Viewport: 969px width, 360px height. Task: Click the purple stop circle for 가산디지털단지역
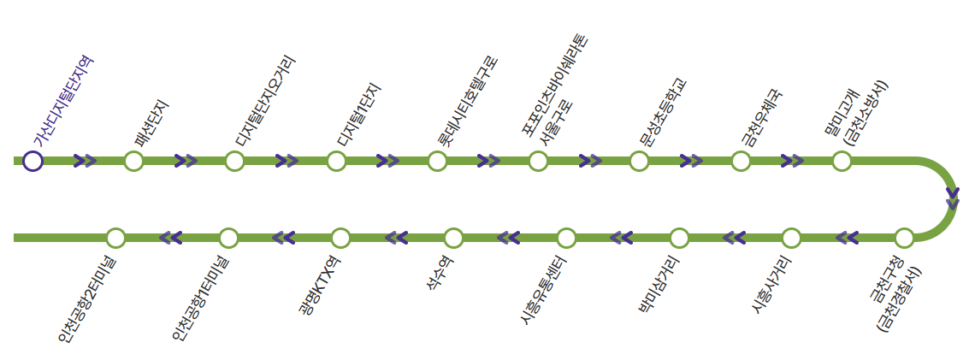tap(32, 161)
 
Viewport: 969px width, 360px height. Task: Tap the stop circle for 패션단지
tap(133, 161)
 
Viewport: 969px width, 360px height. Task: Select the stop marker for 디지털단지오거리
tap(235, 161)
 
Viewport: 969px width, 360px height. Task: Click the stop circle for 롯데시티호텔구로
tap(437, 161)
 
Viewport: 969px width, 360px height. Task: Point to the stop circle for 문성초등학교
tap(639, 161)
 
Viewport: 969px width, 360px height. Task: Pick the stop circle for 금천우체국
tap(741, 161)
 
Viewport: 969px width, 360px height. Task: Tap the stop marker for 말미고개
tap(842, 161)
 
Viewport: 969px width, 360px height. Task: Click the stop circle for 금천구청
tap(904, 238)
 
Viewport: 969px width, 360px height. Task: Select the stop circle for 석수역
tap(453, 238)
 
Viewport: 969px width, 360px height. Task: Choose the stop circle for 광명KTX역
tap(340, 238)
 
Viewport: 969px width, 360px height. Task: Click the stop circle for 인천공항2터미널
tap(115, 238)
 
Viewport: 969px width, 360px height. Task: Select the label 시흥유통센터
tap(544, 291)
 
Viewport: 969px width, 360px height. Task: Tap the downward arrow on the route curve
tap(953, 198)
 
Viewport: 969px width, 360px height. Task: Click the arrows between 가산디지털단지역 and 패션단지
tap(85, 161)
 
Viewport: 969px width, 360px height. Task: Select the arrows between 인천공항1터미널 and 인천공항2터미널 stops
tap(171, 238)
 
